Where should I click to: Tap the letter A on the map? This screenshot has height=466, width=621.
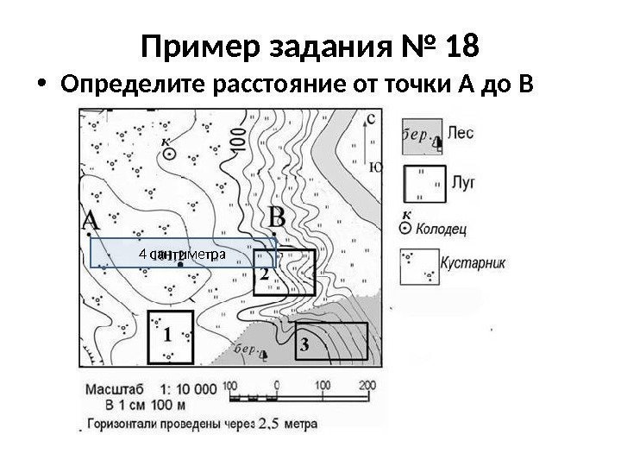pyautogui.click(x=91, y=222)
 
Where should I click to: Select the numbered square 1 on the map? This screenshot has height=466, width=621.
pyautogui.click(x=170, y=336)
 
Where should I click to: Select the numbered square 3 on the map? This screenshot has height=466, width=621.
pyautogui.click(x=333, y=343)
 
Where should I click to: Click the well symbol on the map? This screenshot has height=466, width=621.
pyautogui.click(x=171, y=153)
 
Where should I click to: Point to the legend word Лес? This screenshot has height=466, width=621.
pyautogui.click(x=462, y=135)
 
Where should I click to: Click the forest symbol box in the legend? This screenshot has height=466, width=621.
pyautogui.click(x=422, y=135)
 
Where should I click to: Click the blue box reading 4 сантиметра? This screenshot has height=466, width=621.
pyautogui.click(x=182, y=255)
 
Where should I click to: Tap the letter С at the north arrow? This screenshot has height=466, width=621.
pyautogui.click(x=370, y=116)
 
